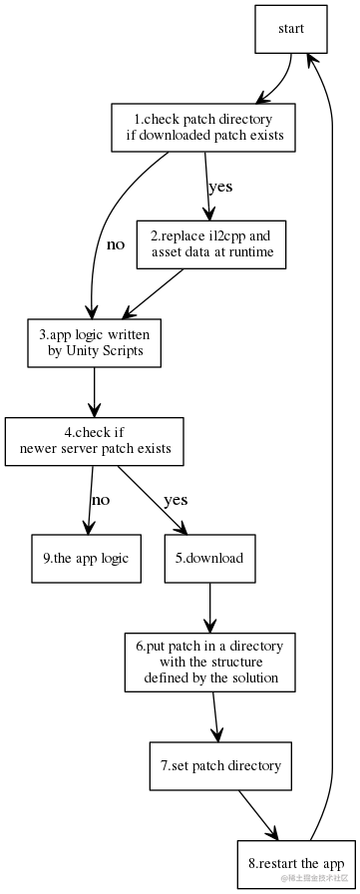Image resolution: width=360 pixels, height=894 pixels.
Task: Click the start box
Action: [291, 30]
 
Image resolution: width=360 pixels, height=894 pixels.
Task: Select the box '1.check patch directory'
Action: [204, 128]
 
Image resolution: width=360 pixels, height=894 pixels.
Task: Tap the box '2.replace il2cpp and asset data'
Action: [210, 244]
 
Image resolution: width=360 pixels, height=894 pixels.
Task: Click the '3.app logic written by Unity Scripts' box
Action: [94, 342]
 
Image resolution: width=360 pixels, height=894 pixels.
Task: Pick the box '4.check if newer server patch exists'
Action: [95, 440]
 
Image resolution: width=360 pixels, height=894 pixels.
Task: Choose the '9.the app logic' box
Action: [86, 558]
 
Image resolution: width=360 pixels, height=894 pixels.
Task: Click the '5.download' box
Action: [209, 558]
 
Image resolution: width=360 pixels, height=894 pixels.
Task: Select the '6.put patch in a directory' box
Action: [209, 663]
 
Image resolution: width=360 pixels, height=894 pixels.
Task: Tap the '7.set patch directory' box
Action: [220, 766]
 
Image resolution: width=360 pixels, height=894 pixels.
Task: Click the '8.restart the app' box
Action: [296, 862]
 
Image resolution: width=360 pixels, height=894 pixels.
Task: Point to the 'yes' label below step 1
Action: [219, 186]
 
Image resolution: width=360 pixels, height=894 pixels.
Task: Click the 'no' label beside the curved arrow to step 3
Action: [116, 243]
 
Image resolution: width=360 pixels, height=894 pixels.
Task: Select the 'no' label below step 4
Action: [101, 499]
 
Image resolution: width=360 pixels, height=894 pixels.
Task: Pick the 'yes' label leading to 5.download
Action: [175, 499]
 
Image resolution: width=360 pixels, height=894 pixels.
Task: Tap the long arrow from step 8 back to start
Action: [340, 449]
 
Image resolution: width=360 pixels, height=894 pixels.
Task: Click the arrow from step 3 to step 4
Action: [94, 391]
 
